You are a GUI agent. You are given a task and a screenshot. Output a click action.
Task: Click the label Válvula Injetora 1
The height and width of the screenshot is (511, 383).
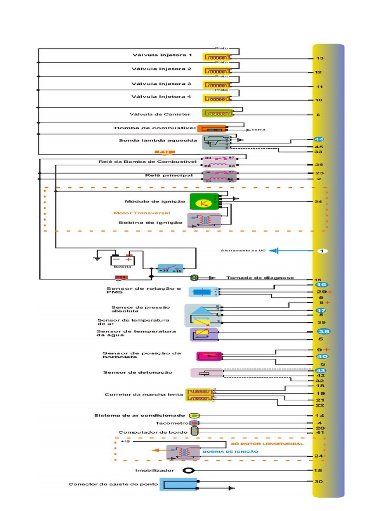[162, 55]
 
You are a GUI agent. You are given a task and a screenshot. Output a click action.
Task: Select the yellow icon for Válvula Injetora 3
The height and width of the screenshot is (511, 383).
[216, 84]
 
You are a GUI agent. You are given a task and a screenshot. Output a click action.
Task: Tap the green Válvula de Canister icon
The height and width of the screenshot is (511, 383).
[217, 113]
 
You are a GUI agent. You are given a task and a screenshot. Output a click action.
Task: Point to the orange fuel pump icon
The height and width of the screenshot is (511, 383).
[212, 129]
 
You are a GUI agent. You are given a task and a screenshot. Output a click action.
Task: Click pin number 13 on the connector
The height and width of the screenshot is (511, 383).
[319, 58]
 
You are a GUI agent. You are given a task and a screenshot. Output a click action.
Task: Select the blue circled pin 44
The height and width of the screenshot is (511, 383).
[319, 139]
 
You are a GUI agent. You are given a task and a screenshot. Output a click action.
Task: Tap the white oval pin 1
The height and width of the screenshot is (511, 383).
[322, 251]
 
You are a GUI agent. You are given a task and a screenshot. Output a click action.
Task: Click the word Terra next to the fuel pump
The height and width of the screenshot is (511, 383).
[258, 129]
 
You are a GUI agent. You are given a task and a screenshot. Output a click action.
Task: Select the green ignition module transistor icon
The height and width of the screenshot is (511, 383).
[201, 202]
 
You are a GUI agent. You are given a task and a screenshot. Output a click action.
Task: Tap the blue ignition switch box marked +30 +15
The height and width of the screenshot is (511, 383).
[170, 268]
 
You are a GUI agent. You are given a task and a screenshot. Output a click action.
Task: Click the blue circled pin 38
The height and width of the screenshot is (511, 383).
[323, 331]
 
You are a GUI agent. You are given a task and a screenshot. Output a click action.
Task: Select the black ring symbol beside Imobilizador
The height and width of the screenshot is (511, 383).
[188, 470]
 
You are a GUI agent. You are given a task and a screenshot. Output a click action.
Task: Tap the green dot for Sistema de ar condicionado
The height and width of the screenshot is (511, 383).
[194, 415]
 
